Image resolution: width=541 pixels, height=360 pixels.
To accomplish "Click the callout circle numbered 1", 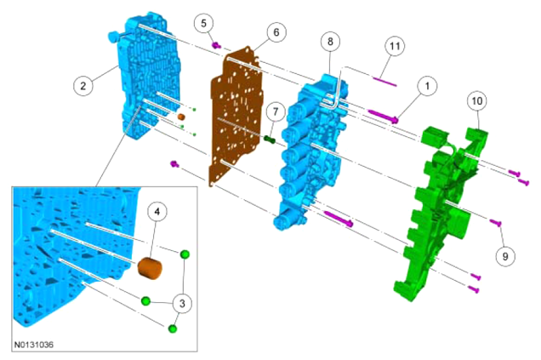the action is (x=427, y=86).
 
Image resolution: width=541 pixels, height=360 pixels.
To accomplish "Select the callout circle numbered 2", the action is (x=83, y=86).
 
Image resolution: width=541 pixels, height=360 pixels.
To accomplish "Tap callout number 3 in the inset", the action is (x=182, y=303).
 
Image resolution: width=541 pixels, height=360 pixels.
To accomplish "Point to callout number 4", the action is (x=157, y=211).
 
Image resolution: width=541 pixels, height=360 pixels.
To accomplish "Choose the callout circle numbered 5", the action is (x=203, y=24).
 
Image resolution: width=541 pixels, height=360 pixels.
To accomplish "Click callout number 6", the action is (x=276, y=32).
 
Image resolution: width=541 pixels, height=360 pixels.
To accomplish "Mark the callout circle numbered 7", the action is (x=275, y=111).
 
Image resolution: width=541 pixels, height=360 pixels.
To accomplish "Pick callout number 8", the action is (x=330, y=42).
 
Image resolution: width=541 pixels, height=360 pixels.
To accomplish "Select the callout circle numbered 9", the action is (x=505, y=256).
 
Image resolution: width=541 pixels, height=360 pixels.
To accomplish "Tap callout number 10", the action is (x=477, y=100).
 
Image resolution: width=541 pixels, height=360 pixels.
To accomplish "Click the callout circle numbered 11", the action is (x=395, y=46).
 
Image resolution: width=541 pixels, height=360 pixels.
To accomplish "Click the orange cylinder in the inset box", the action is (x=150, y=268).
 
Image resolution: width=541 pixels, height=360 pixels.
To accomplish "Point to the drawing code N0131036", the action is (x=34, y=345).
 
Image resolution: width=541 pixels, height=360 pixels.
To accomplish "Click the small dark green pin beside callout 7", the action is (x=269, y=140).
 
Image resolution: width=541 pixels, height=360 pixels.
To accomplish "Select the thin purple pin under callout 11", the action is (x=384, y=82).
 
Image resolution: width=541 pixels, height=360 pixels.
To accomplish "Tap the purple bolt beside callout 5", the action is (x=216, y=45).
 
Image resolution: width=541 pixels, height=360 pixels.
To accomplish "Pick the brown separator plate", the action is (x=236, y=116).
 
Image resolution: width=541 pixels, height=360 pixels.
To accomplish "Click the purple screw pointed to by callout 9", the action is (x=496, y=222).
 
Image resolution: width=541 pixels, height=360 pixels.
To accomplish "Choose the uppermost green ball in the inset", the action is (x=185, y=254).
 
